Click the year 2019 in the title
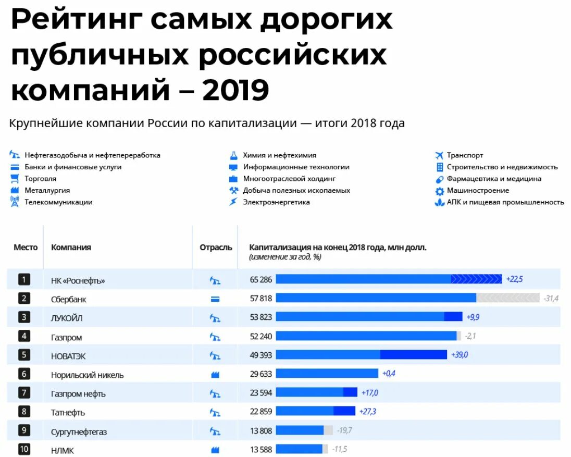235,90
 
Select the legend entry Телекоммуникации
58,202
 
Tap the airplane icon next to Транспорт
439,155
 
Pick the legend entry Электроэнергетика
276,202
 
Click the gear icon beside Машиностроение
439,191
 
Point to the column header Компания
71,248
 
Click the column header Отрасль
216,248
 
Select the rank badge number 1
24,279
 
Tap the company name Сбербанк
69,300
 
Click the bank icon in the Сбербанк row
215,300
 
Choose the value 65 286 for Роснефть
261,280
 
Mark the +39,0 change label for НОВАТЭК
459,355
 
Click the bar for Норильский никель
327,374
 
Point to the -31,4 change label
551,299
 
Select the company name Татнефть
68,412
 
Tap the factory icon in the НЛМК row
215,450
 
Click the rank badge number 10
24,449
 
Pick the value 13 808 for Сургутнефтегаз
261,431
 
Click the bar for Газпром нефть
316,392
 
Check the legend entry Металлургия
47,191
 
